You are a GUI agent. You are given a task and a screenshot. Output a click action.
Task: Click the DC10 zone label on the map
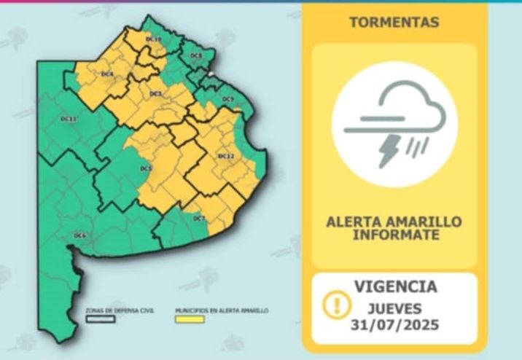[153, 38]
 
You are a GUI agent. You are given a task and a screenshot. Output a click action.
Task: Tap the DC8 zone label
[195, 56]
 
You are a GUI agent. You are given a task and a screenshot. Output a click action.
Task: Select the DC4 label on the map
[107, 74]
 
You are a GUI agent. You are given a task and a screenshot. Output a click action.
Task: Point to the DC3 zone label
[155, 93]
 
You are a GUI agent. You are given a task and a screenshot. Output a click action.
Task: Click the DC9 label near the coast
[228, 99]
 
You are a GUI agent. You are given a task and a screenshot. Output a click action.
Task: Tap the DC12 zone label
[226, 157]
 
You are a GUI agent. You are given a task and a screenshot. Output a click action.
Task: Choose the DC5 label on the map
[146, 169]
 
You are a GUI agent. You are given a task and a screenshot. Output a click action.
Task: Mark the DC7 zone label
[200, 218]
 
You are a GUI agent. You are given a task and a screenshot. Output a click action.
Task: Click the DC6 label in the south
[80, 235]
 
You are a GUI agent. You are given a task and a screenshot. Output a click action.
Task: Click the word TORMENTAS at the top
[394, 23]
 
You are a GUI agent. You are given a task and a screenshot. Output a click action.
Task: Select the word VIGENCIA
[395, 286]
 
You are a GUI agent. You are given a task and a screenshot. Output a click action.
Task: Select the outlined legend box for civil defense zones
[101, 318]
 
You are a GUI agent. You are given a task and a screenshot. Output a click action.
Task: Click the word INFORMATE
[395, 235]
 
